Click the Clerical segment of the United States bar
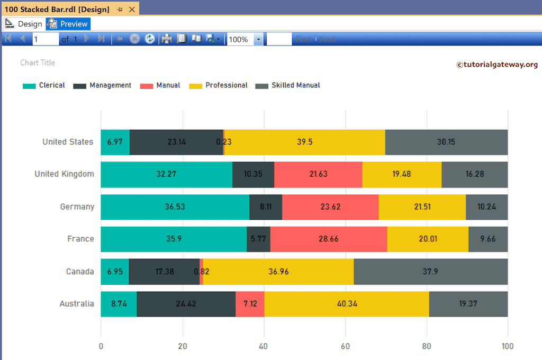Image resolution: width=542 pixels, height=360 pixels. pyautogui.click(x=115, y=142)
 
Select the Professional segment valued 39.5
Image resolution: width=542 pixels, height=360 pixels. pyautogui.click(x=305, y=142)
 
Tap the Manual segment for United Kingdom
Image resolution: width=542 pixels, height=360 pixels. pyautogui.click(x=318, y=174)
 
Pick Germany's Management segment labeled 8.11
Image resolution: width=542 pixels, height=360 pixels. pyautogui.click(x=266, y=206)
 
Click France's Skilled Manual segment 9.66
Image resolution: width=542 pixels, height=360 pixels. pyautogui.click(x=488, y=239)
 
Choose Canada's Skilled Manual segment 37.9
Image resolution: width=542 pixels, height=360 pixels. pyautogui.click(x=431, y=272)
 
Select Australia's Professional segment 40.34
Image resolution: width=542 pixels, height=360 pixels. pyautogui.click(x=347, y=304)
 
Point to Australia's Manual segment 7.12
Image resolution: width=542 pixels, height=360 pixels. pyautogui.click(x=250, y=304)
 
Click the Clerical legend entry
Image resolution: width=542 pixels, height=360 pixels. pyautogui.click(x=44, y=85)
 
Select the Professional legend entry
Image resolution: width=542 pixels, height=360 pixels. pyautogui.click(x=219, y=85)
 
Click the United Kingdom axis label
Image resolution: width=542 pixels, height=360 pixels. pyautogui.click(x=64, y=174)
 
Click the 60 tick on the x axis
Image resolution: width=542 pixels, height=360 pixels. pyautogui.click(x=346, y=347)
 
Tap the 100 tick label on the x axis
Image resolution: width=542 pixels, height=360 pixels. pyautogui.click(x=507, y=347)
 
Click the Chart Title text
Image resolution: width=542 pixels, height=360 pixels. pyautogui.click(x=38, y=62)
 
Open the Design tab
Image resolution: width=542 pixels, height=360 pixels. pyautogui.click(x=24, y=24)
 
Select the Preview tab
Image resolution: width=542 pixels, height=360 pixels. pyautogui.click(x=68, y=24)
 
